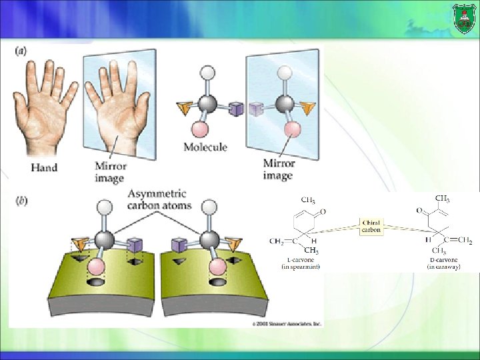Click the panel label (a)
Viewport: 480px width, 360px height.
click(x=21, y=51)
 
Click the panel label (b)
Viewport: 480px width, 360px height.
click(x=21, y=200)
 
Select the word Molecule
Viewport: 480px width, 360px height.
click(x=205, y=147)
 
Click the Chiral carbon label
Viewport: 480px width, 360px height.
click(x=371, y=226)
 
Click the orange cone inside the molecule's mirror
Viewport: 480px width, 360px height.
click(x=307, y=107)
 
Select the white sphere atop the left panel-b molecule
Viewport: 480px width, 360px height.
click(x=103, y=208)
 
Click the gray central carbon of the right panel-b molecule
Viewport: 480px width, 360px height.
click(x=209, y=240)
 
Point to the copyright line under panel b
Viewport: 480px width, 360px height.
click(x=287, y=323)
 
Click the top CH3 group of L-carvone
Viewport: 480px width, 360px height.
click(x=308, y=199)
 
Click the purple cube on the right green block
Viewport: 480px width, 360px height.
click(x=178, y=246)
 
